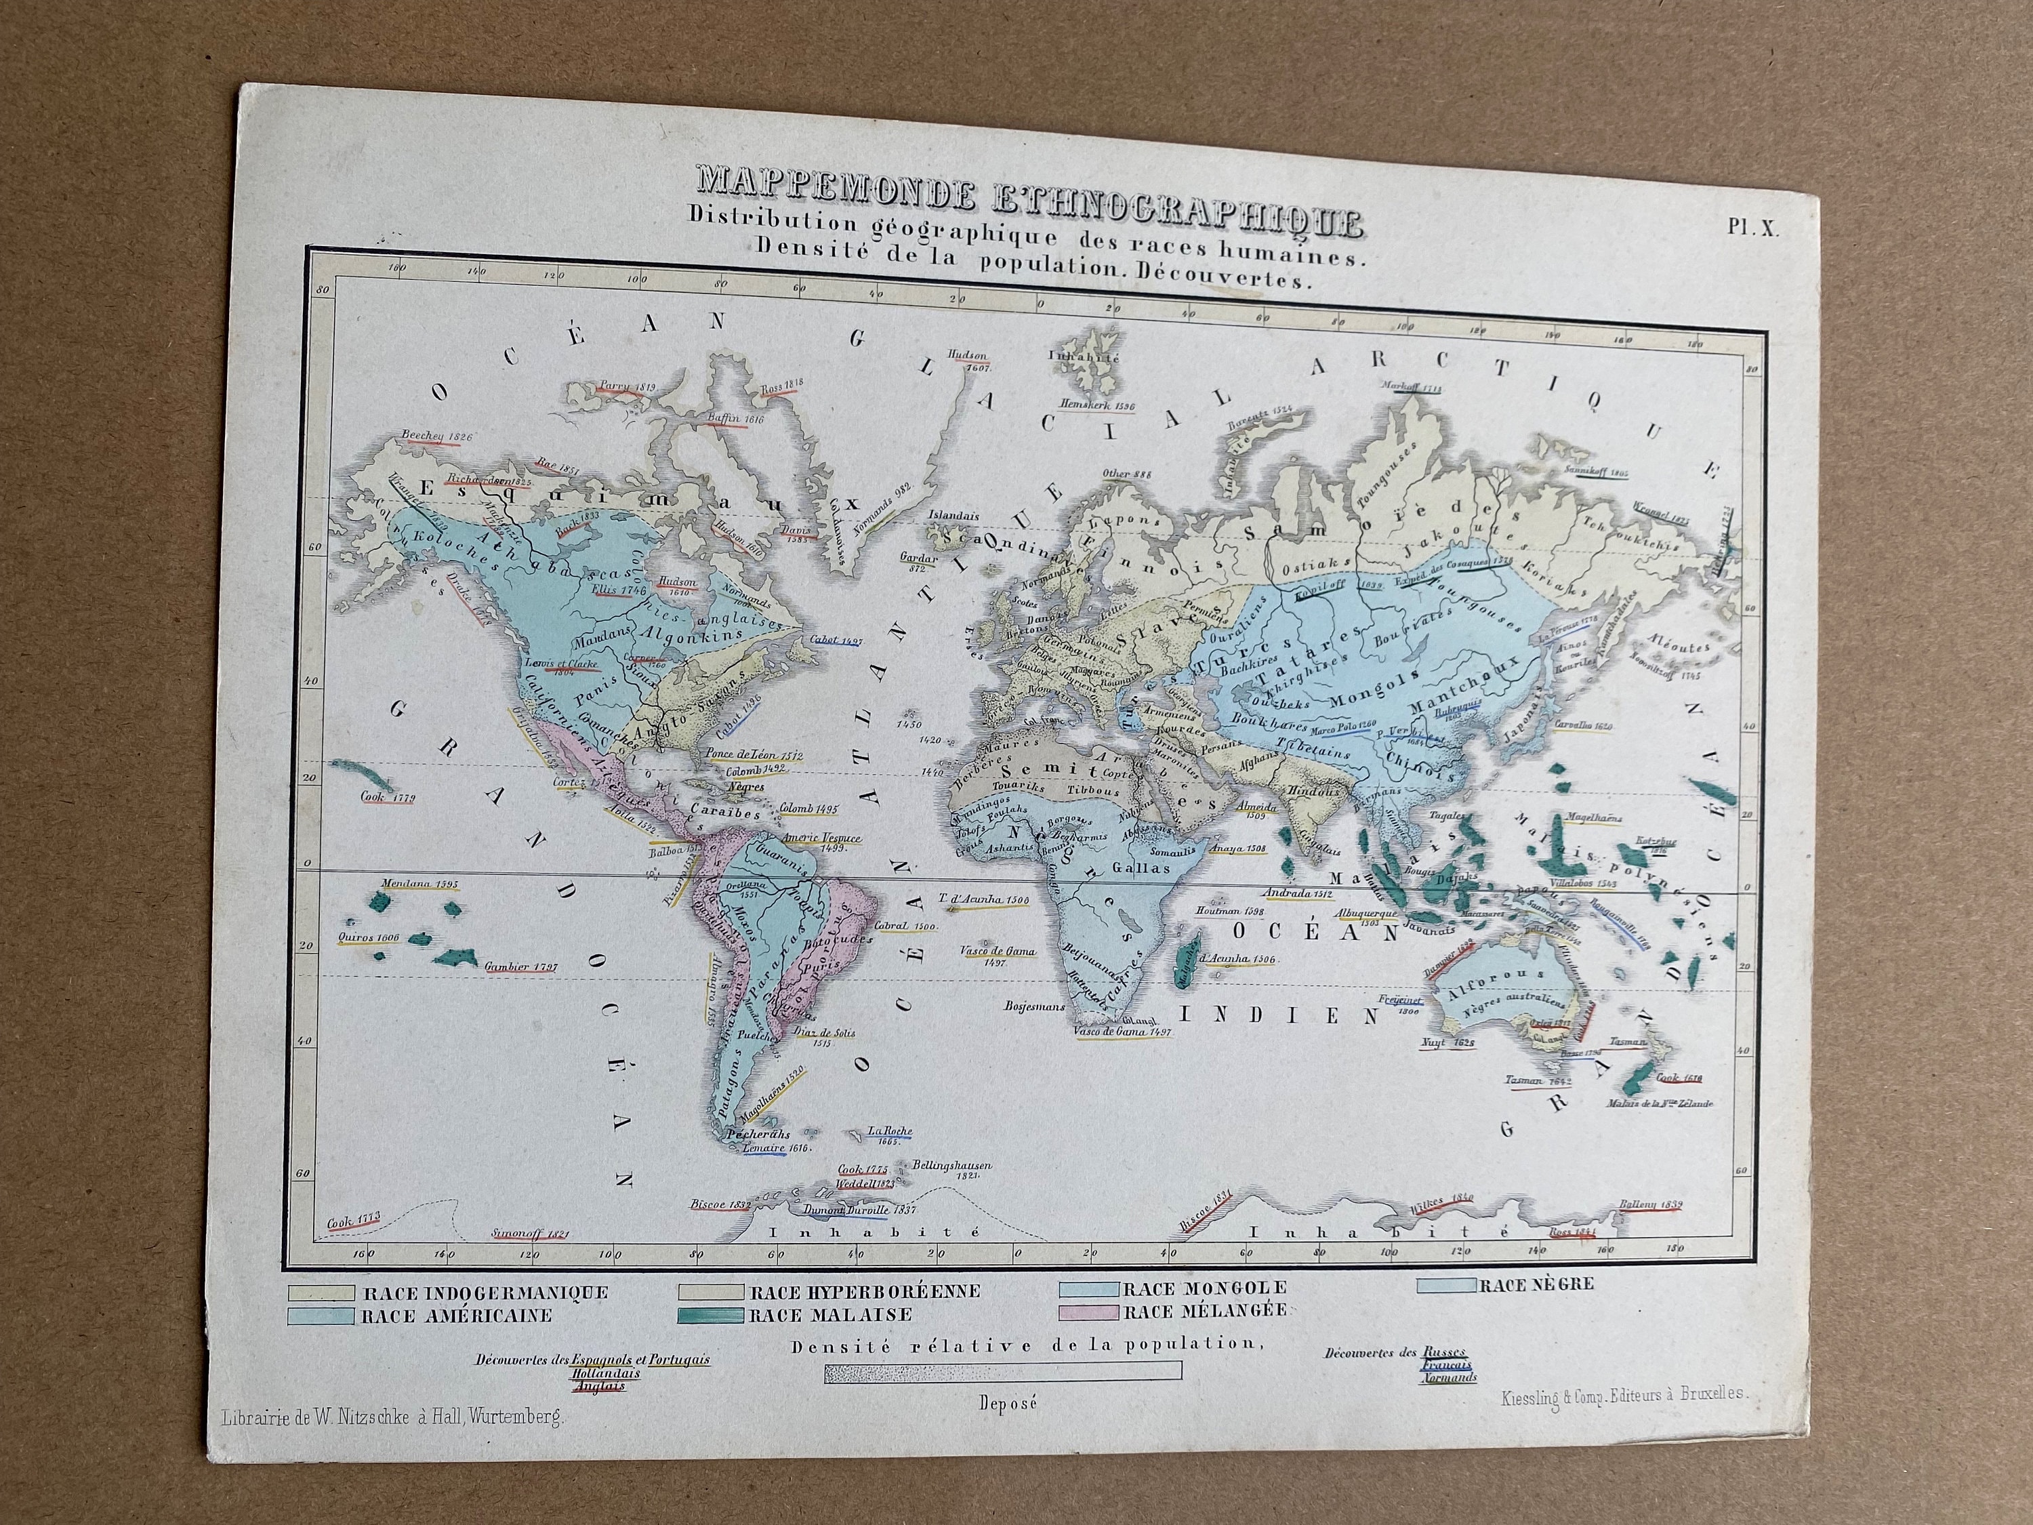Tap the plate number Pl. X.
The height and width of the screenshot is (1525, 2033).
click(1752, 229)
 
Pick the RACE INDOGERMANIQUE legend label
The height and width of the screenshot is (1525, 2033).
click(485, 1293)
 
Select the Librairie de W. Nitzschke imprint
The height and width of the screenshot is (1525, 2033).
click(390, 1417)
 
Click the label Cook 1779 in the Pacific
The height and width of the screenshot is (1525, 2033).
click(388, 797)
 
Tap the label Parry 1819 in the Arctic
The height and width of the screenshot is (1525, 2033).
click(628, 387)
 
